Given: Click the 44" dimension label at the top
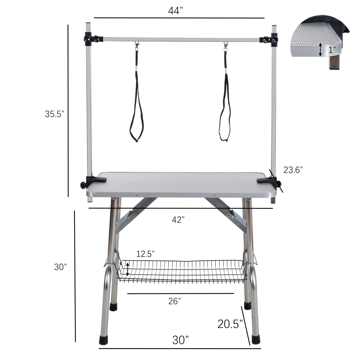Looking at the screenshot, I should pyautogui.click(x=176, y=11).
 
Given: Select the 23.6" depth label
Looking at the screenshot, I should pyautogui.click(x=293, y=170).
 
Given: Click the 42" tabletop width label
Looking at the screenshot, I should pyautogui.click(x=178, y=220).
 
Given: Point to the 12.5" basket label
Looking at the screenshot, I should pyautogui.click(x=145, y=254).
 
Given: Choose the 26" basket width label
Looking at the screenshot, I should pyautogui.click(x=174, y=302).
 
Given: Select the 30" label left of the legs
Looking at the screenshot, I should pyautogui.click(x=60, y=267).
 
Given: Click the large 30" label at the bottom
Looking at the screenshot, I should pyautogui.click(x=180, y=339).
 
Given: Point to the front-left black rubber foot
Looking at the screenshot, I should pyautogui.click(x=104, y=339).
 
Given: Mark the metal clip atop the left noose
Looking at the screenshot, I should pyautogui.click(x=137, y=46).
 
